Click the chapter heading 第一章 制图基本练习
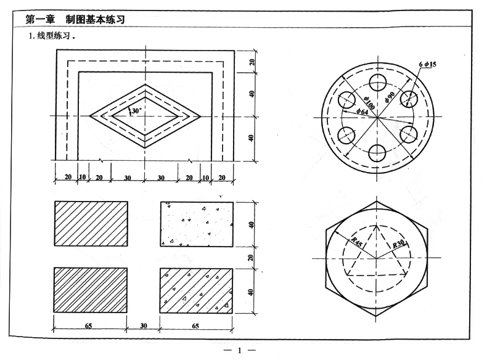(75, 20)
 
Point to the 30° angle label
(136, 110)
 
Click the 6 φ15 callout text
(427, 64)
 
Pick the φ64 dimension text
(363, 112)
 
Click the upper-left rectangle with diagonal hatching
(91, 224)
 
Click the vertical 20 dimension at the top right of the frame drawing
(252, 62)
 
